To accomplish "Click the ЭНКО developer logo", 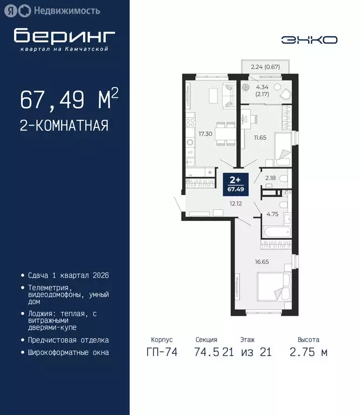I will (x=309, y=39).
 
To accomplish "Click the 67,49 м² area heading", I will (x=69, y=99).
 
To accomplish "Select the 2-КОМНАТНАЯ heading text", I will (x=64, y=126).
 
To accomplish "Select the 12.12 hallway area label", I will (x=235, y=204).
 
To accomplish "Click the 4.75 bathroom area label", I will (x=272, y=214).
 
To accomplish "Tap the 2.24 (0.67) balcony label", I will (x=265, y=68).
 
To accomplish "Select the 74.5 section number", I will (x=207, y=352).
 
